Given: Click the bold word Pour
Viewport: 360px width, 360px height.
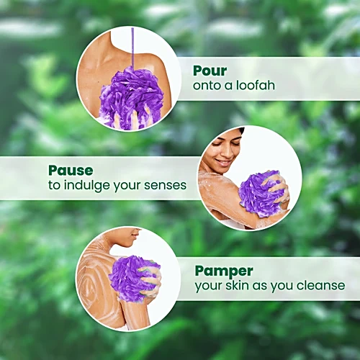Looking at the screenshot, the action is click(210, 71).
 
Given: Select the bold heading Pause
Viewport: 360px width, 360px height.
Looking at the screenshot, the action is click(71, 171).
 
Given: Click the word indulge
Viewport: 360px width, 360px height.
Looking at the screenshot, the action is click(87, 186).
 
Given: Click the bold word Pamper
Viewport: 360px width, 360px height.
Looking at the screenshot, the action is click(224, 271).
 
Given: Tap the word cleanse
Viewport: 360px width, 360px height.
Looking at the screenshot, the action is click(320, 285).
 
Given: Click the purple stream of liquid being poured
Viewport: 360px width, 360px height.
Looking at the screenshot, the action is click(132, 48).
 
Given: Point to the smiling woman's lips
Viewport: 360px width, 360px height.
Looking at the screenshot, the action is click(222, 162).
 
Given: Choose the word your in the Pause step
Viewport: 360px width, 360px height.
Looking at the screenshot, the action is click(127, 186).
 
